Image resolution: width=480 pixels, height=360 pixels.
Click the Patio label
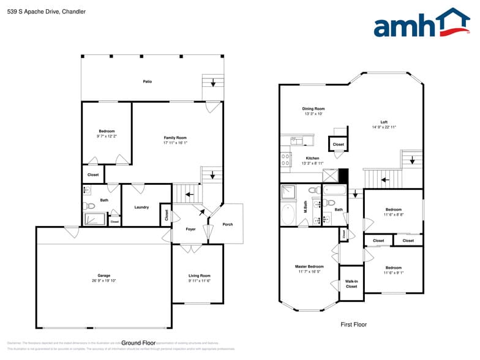click(148, 81)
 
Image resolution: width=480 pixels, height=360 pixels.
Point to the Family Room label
click(175, 138)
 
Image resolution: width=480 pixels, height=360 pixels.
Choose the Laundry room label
click(141, 207)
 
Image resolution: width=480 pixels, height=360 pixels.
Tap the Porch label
click(228, 224)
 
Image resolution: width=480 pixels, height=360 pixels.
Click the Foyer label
click(191, 229)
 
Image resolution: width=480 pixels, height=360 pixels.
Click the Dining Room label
click(313, 109)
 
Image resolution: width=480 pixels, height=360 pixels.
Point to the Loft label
click(384, 122)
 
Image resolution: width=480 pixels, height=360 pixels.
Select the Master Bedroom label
click(309, 266)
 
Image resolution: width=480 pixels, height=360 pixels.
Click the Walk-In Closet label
click(351, 283)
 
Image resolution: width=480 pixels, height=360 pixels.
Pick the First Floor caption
click(353, 324)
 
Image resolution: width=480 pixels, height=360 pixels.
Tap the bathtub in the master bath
click(288, 215)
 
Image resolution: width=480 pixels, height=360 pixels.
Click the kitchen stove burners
click(285, 160)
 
